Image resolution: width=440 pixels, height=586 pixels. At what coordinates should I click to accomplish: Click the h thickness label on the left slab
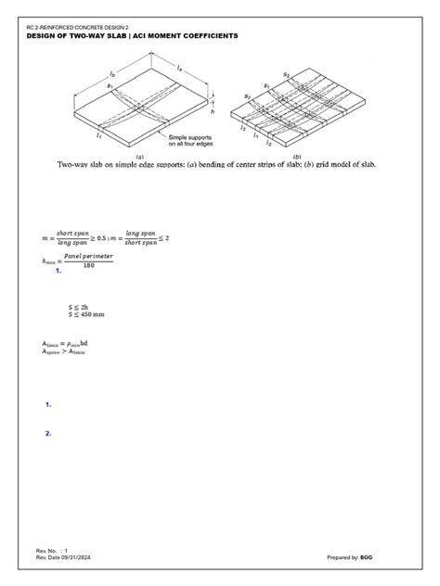(215, 112)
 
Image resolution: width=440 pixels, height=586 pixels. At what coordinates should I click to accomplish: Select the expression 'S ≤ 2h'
(79, 306)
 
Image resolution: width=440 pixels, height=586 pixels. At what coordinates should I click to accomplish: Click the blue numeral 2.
(46, 433)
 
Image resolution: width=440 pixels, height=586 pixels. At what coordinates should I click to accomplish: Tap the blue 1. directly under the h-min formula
(58, 272)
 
